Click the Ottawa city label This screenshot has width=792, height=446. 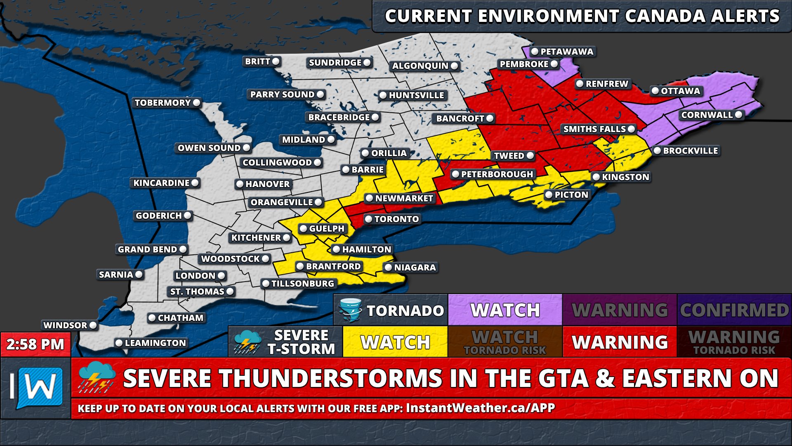(680, 91)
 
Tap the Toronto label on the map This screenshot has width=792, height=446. (396, 219)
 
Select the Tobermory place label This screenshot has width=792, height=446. (163, 103)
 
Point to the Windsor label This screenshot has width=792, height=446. (65, 325)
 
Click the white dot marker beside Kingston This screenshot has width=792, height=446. (596, 177)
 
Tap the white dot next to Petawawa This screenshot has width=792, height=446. (535, 52)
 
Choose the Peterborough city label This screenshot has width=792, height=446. (497, 174)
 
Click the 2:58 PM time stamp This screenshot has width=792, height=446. (35, 344)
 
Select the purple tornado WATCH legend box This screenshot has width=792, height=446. (505, 310)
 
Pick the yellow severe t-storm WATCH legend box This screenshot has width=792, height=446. (395, 342)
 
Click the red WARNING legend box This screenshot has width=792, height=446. (620, 342)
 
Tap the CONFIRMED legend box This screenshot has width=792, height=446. (734, 310)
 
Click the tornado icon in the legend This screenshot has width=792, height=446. (350, 310)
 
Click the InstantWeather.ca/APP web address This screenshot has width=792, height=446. (480, 408)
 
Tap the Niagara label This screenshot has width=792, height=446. (415, 268)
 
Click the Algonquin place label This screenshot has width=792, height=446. (420, 66)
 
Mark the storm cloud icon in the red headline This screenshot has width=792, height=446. (97, 377)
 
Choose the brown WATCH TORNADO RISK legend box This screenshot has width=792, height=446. (505, 342)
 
